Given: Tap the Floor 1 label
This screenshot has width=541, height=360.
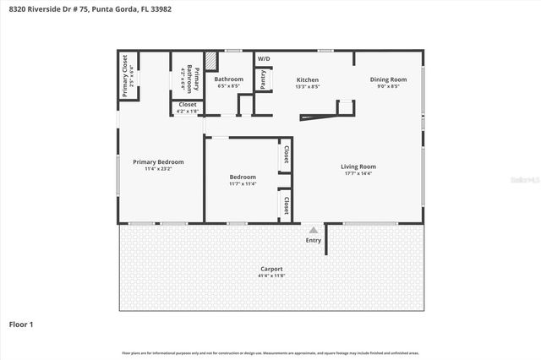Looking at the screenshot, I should point(21,324).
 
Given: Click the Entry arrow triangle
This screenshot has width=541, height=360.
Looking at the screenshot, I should point(314,229).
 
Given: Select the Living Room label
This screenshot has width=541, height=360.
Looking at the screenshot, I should point(358,166).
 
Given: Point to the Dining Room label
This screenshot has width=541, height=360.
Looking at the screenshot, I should point(388,79).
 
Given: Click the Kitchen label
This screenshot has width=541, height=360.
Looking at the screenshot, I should point(307,79).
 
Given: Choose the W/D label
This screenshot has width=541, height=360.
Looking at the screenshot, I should point(264,58).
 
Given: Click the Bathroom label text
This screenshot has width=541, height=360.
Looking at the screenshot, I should point(229,79).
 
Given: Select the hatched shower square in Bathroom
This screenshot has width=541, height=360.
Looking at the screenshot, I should point(211,62).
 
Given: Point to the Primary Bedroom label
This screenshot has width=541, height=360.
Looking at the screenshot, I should point(158,161).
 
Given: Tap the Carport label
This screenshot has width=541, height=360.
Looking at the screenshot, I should point(270,269).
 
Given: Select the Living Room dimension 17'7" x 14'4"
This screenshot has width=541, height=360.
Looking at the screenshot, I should point(358,174).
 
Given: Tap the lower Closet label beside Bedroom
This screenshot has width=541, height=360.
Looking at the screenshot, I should point(287,205).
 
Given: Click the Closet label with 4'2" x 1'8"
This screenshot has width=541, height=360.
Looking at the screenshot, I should point(187,111).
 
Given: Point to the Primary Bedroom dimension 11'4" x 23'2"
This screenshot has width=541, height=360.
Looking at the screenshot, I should point(158,169).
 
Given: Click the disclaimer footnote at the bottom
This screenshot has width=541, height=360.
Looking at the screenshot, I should point(270,352).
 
